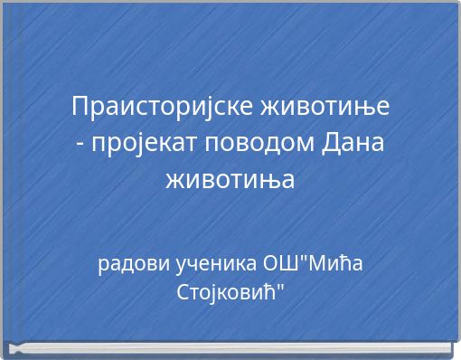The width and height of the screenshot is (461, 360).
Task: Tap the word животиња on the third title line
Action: pyautogui.click(x=230, y=179)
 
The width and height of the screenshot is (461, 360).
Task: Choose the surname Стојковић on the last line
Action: pyautogui.click(x=225, y=293)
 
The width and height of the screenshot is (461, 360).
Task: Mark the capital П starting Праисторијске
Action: pyautogui.click(x=80, y=107)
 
